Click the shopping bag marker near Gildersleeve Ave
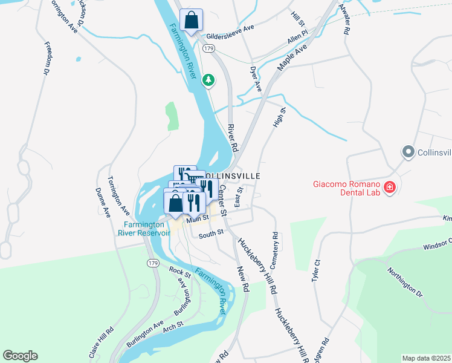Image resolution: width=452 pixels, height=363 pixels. [x=192, y=21]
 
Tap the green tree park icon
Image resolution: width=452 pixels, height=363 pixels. [x=208, y=80]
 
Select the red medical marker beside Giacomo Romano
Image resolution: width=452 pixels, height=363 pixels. [x=390, y=188]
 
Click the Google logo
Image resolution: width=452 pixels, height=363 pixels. [x=20, y=356]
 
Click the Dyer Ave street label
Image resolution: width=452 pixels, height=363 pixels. [x=256, y=79]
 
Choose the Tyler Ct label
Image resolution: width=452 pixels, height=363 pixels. [x=315, y=270]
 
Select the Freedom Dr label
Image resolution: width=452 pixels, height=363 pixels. [x=46, y=58]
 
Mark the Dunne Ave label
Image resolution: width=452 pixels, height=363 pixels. [x=103, y=203]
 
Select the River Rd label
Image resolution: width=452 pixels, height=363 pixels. [x=233, y=139]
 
